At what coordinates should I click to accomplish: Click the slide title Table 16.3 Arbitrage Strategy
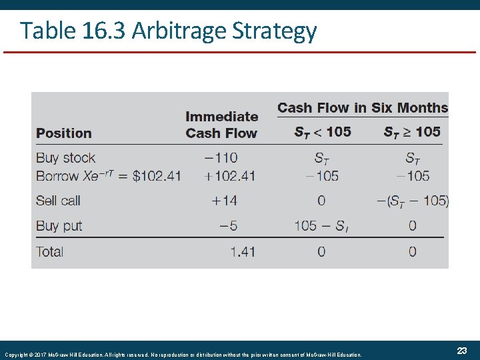tap(168, 31)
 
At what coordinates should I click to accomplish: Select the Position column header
tap(64, 133)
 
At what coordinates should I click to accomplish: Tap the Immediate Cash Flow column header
tap(221, 125)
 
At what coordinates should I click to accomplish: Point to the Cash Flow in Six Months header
tap(362, 107)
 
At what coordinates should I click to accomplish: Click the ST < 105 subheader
tap(323, 132)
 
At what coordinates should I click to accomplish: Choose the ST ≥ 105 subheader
tap(412, 132)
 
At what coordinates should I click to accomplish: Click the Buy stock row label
tap(65, 158)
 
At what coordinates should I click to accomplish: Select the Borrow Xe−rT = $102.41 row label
tap(108, 176)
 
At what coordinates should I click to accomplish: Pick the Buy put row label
tap(59, 225)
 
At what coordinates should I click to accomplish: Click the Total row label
tap(50, 251)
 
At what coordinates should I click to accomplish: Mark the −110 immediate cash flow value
tap(221, 158)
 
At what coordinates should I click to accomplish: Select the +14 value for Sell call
tap(224, 201)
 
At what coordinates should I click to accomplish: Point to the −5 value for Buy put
tap(228, 225)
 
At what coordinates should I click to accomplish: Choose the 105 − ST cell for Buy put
tap(321, 225)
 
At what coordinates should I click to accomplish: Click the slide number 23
tap(461, 351)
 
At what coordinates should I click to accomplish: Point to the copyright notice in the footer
tap(183, 355)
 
